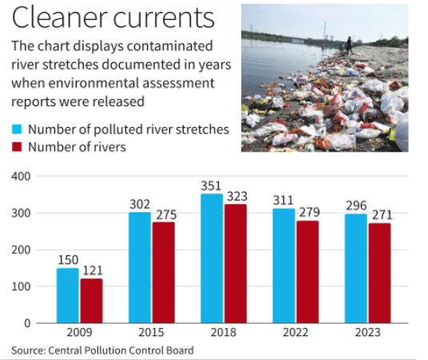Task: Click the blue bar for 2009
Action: coord(68,295)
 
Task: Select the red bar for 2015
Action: coord(164,272)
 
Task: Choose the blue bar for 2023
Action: coord(357,268)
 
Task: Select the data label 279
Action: coord(309,213)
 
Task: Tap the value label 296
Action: coord(357,206)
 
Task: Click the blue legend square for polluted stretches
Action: coord(16,129)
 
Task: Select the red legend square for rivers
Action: coord(16,147)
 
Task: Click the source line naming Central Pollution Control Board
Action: coord(102,350)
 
